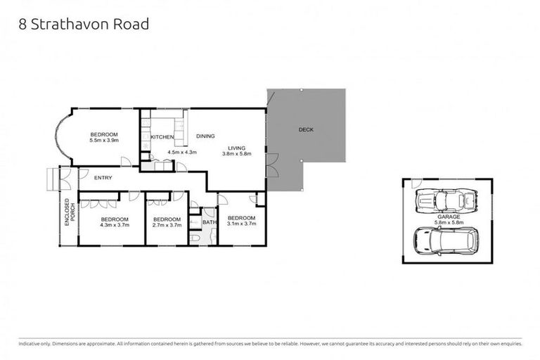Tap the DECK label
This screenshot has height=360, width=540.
(306, 129)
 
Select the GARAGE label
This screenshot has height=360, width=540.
(446, 217)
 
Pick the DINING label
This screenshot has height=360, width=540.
(205, 136)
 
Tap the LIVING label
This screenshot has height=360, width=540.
(236, 148)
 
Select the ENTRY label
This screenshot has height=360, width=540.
(103, 178)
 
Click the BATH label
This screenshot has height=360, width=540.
(210, 223)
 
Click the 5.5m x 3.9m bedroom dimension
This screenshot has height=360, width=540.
(104, 141)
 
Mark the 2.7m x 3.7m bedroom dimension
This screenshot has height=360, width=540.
(167, 225)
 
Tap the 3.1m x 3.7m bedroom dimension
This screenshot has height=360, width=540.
(241, 224)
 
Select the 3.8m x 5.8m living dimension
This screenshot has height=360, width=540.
(236, 154)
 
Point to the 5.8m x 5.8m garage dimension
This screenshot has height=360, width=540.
(446, 223)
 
